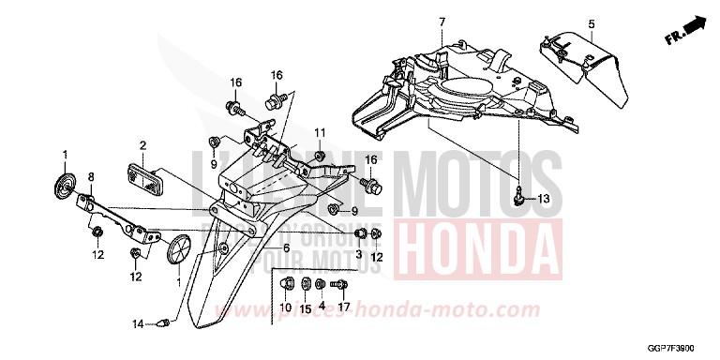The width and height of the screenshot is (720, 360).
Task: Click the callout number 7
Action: pyautogui.click(x=441, y=21)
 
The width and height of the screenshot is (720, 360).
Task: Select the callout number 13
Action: pyautogui.click(x=545, y=199)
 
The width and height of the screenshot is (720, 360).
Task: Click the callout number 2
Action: pyautogui.click(x=142, y=145)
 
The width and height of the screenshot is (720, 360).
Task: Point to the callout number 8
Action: pyautogui.click(x=91, y=176)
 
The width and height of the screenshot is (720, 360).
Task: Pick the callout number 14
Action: pyautogui.click(x=137, y=324)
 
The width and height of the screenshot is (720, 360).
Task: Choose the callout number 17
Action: pyautogui.click(x=344, y=307)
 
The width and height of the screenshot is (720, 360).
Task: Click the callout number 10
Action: pyautogui.click(x=287, y=307)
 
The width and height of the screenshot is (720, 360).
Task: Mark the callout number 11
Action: pyautogui.click(x=319, y=130)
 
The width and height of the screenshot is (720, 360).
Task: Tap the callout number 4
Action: pyautogui.click(x=322, y=307)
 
